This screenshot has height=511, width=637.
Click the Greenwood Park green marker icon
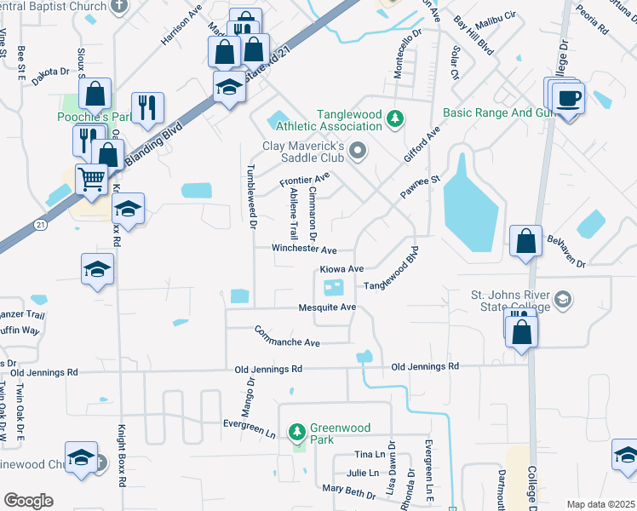click(x=297, y=433)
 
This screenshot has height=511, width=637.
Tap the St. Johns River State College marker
click(x=562, y=300)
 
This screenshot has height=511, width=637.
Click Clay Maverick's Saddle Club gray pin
click(x=359, y=152)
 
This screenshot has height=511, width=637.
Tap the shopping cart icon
click(x=92, y=180)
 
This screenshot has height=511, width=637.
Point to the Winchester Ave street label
click(x=304, y=250)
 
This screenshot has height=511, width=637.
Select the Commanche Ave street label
click(x=286, y=336)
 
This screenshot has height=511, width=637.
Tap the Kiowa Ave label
click(x=341, y=269)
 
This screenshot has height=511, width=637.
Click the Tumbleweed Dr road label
click(x=251, y=197)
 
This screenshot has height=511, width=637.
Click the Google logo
click(x=28, y=501)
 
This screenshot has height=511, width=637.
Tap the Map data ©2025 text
click(x=600, y=504)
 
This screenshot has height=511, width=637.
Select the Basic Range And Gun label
click(x=495, y=113)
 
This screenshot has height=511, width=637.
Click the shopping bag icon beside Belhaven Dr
click(x=526, y=241)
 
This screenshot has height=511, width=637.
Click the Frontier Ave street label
click(x=305, y=180)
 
